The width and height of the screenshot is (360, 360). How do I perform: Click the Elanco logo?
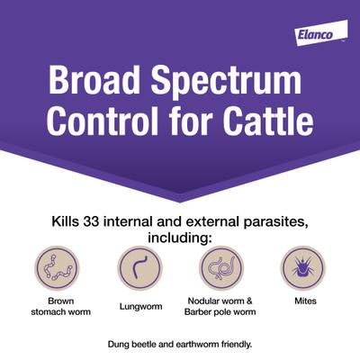pos(318,35)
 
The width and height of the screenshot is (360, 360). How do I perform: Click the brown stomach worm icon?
pos(57,268)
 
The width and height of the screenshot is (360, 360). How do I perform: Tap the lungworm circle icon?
pos(139,268)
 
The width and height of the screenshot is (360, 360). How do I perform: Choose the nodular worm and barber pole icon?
pos(220,268)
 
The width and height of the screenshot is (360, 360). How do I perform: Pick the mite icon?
pos(302,268)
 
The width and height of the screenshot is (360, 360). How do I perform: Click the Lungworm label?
pos(139,306)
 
